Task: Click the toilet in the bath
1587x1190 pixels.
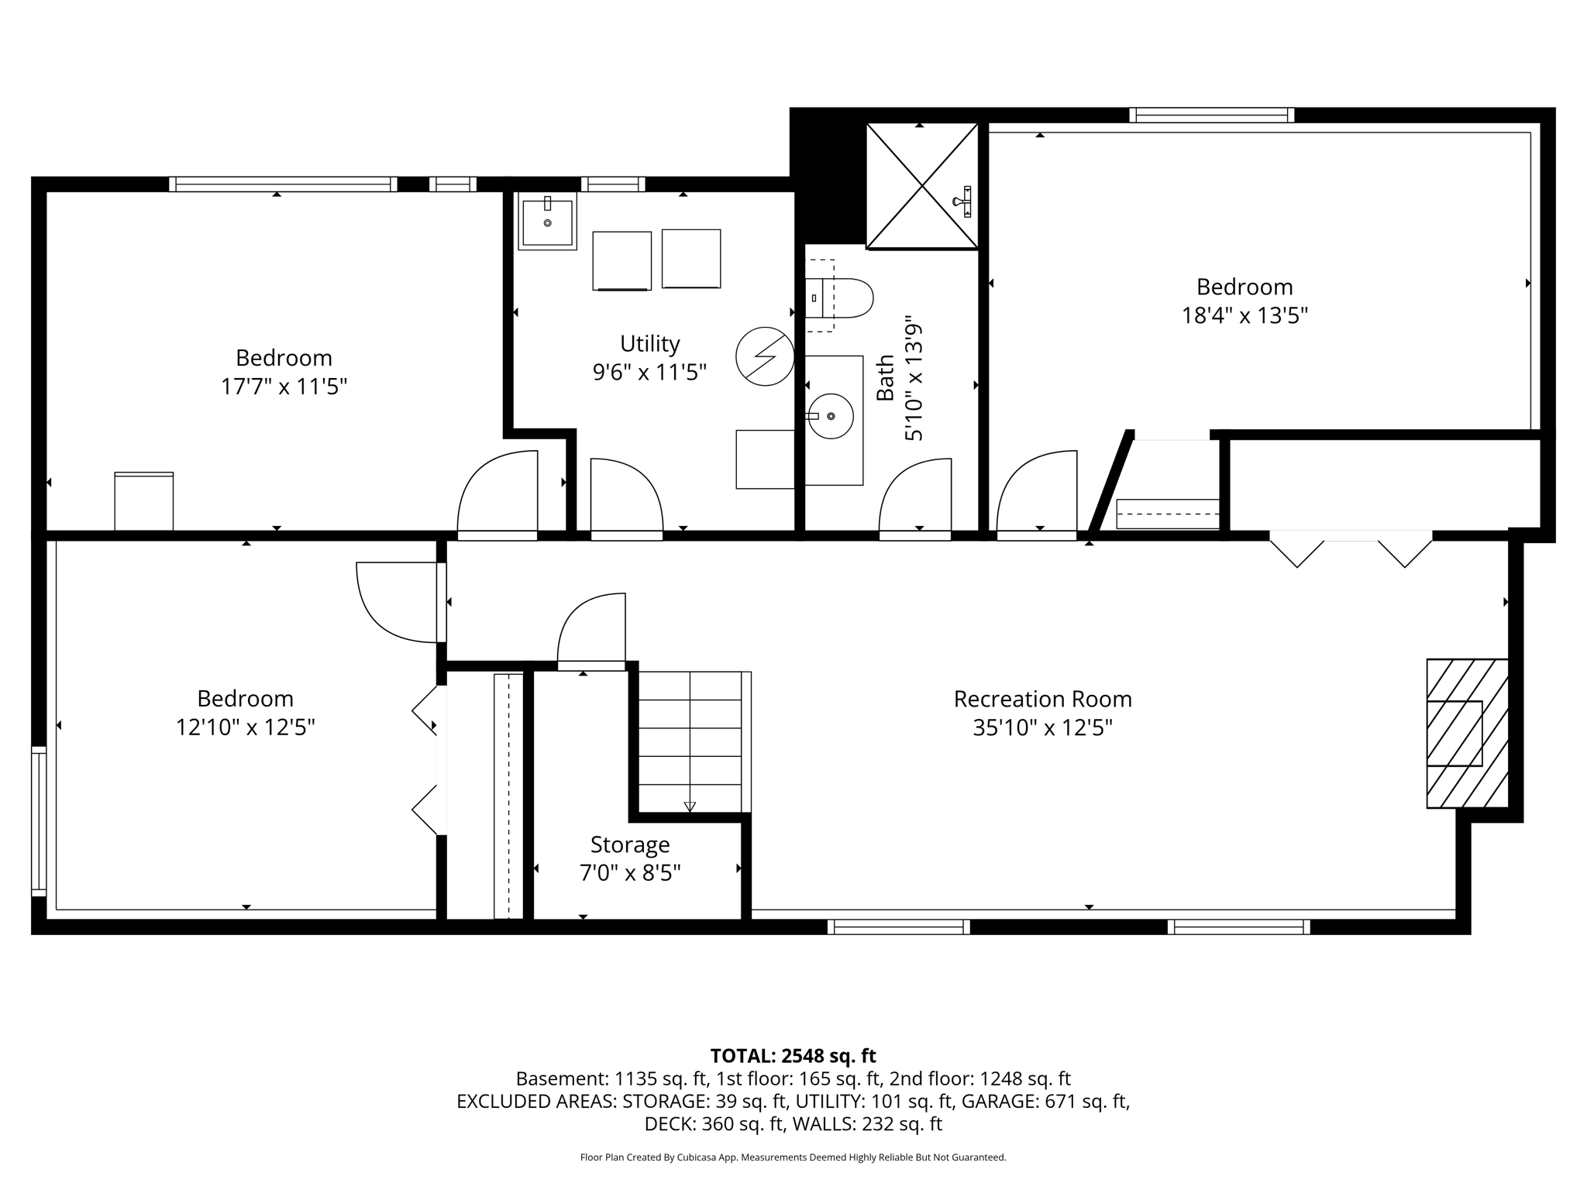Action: [839, 297]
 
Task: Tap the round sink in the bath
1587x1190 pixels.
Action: [831, 416]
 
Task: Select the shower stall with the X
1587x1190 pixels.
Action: [922, 186]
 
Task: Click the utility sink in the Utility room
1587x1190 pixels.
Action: [547, 222]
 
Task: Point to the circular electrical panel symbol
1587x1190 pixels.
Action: [765, 356]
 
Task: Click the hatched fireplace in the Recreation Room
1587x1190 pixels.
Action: [1468, 734]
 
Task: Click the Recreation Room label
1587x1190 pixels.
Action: [1042, 699]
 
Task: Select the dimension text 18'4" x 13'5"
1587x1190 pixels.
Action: [1244, 316]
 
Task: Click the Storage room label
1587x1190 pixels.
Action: [630, 844]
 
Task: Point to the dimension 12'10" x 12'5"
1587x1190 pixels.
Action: [246, 727]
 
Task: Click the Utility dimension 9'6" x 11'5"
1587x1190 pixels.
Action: [649, 373]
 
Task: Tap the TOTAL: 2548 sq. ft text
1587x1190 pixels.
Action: [793, 1056]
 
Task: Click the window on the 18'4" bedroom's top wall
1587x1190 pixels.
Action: [1212, 115]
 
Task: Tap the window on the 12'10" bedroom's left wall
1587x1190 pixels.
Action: [39, 821]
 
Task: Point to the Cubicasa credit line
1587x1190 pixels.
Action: [793, 1157]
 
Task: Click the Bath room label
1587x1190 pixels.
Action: [885, 378]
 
